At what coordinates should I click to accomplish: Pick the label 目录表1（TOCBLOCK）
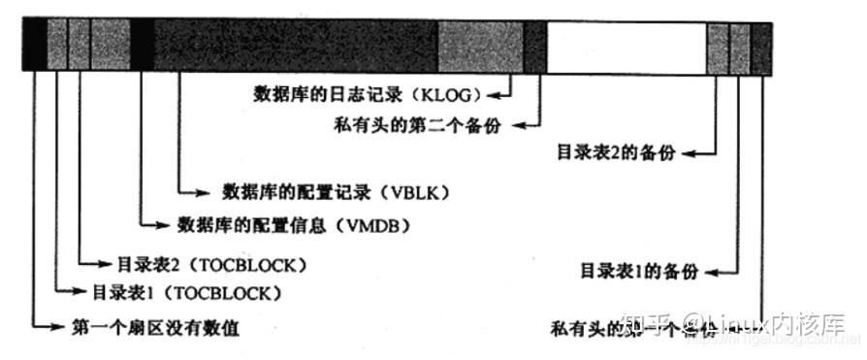click(187, 292)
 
